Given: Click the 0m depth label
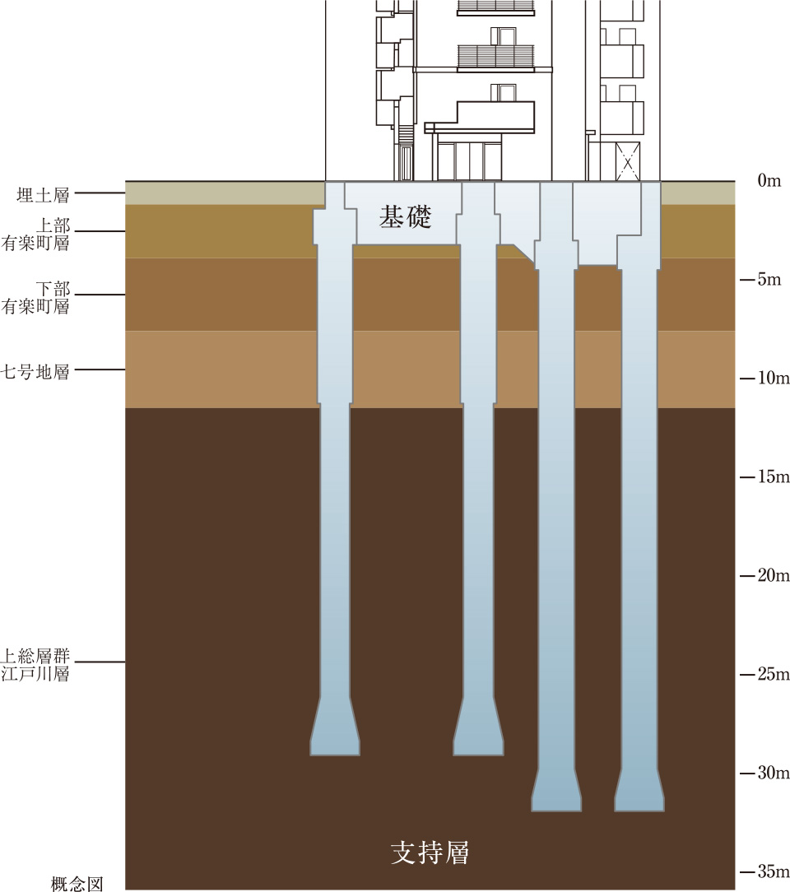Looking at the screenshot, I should (769, 181).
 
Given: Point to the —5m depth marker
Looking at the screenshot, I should (764, 280).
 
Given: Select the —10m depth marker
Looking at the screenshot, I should (764, 379).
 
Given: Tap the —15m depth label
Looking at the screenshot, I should (764, 477).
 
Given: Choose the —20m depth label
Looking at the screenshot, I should (764, 575).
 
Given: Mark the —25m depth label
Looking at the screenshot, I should (764, 675).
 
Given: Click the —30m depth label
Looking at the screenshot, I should (764, 774).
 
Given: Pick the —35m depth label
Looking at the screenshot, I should (764, 872).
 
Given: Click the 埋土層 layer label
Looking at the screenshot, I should (43, 195).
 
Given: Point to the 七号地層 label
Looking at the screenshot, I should (36, 371).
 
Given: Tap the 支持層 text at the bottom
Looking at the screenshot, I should (430, 853).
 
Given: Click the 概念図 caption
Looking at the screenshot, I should (77, 885).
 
